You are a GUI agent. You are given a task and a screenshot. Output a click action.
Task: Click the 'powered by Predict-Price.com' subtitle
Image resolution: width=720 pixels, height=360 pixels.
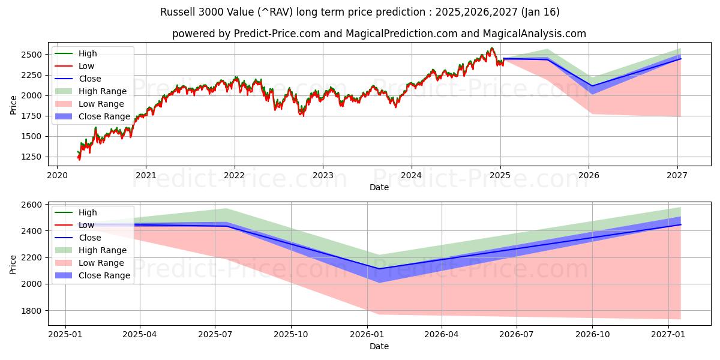(x=379, y=34)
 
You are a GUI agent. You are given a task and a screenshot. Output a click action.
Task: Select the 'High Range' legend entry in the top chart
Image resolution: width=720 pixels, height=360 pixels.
(x=102, y=91)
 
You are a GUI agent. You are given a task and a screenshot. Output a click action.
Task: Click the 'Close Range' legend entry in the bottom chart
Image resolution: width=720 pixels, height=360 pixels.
(x=104, y=275)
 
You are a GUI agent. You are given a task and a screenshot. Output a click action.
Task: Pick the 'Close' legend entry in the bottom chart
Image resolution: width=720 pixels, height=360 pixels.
(x=89, y=238)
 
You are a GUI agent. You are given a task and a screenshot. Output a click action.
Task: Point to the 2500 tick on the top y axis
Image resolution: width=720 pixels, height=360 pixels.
(x=31, y=55)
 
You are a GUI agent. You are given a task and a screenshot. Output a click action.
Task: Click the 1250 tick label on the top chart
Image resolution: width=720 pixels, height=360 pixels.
(x=31, y=157)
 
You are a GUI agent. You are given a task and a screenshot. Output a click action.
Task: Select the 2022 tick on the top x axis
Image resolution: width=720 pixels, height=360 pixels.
(x=234, y=175)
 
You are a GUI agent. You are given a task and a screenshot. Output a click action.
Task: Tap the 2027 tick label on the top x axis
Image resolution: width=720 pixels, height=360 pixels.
(x=677, y=175)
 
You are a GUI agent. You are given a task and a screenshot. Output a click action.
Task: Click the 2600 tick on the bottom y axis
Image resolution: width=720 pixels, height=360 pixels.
(x=31, y=205)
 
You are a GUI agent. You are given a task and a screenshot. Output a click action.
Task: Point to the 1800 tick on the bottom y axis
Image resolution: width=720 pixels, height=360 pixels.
(x=31, y=311)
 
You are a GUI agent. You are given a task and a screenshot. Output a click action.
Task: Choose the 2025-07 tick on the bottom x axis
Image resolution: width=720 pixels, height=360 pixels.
(x=215, y=334)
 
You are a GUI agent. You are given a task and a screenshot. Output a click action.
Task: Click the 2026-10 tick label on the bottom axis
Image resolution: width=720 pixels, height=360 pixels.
(x=592, y=334)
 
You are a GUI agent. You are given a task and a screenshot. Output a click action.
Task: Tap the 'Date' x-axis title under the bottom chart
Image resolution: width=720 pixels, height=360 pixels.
(x=379, y=346)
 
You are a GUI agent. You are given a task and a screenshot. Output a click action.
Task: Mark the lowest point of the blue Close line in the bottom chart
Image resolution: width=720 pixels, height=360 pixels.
(x=379, y=269)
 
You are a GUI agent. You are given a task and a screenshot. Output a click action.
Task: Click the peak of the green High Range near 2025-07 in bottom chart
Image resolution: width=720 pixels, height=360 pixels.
(x=226, y=209)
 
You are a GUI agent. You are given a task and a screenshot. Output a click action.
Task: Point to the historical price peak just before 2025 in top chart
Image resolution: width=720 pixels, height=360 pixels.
(x=492, y=48)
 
